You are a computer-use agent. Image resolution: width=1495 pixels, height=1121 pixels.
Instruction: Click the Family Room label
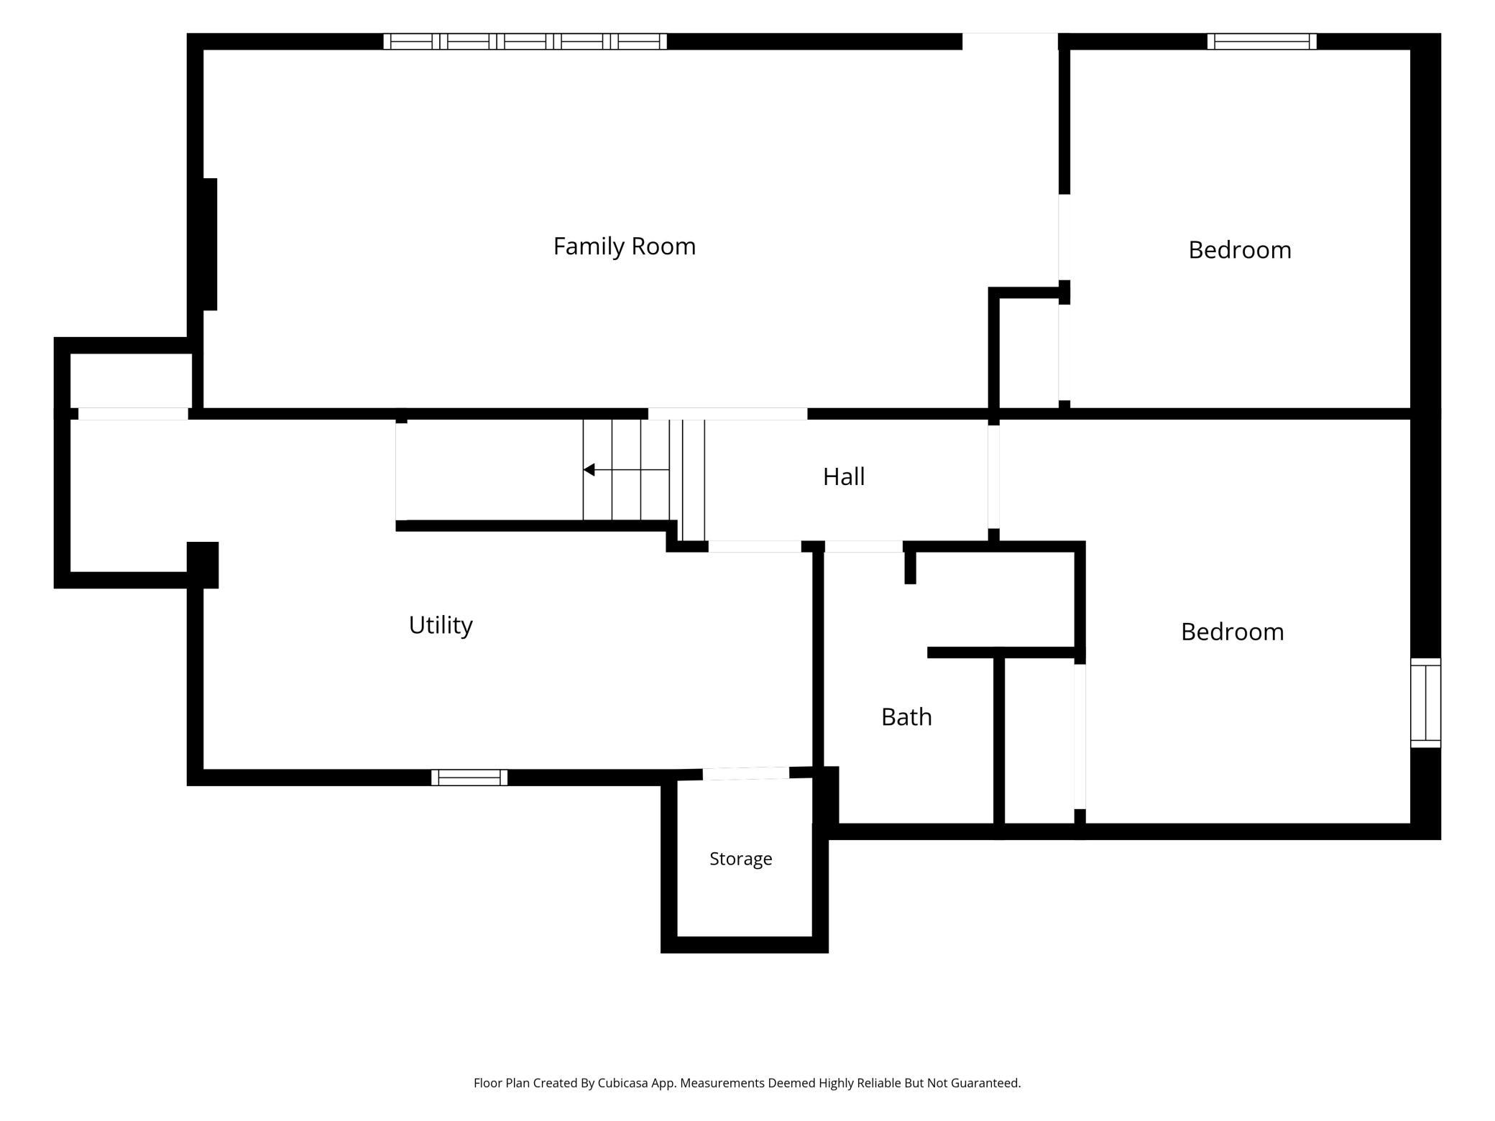tap(624, 246)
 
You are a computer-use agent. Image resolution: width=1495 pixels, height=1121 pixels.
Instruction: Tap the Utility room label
tap(441, 625)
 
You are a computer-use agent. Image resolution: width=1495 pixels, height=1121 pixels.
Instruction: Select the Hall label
tap(844, 476)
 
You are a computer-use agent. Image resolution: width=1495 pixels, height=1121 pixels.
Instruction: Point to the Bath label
tap(906, 716)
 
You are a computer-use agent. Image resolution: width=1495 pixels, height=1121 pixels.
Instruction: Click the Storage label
tap(740, 859)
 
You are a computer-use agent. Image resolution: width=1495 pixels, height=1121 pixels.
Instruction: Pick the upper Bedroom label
tap(1240, 249)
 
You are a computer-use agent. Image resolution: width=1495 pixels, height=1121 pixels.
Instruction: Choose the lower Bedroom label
tap(1232, 631)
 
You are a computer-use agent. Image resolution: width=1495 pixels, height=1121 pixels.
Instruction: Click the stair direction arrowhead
tap(589, 470)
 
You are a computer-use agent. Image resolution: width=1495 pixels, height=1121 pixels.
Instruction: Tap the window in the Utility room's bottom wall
tap(469, 778)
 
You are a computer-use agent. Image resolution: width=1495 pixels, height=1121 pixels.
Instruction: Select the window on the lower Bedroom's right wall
tap(1426, 703)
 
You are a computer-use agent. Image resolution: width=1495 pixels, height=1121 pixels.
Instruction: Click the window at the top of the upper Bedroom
tap(1262, 41)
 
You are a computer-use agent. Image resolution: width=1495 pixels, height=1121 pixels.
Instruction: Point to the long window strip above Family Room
tap(525, 41)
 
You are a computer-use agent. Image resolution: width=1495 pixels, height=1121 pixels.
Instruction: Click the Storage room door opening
tap(745, 774)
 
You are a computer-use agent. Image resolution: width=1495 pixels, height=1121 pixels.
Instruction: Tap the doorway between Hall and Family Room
tap(727, 414)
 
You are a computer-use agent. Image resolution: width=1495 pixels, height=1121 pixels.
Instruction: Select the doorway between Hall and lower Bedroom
tap(994, 477)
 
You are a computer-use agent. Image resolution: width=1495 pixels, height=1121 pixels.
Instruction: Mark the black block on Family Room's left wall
tap(209, 244)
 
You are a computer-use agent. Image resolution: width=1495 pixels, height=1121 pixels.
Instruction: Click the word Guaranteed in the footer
tap(985, 1083)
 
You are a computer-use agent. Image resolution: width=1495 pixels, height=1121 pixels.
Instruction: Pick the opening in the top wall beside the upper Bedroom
tap(1010, 41)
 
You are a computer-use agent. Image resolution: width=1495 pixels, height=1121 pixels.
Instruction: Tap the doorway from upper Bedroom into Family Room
tap(1064, 237)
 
